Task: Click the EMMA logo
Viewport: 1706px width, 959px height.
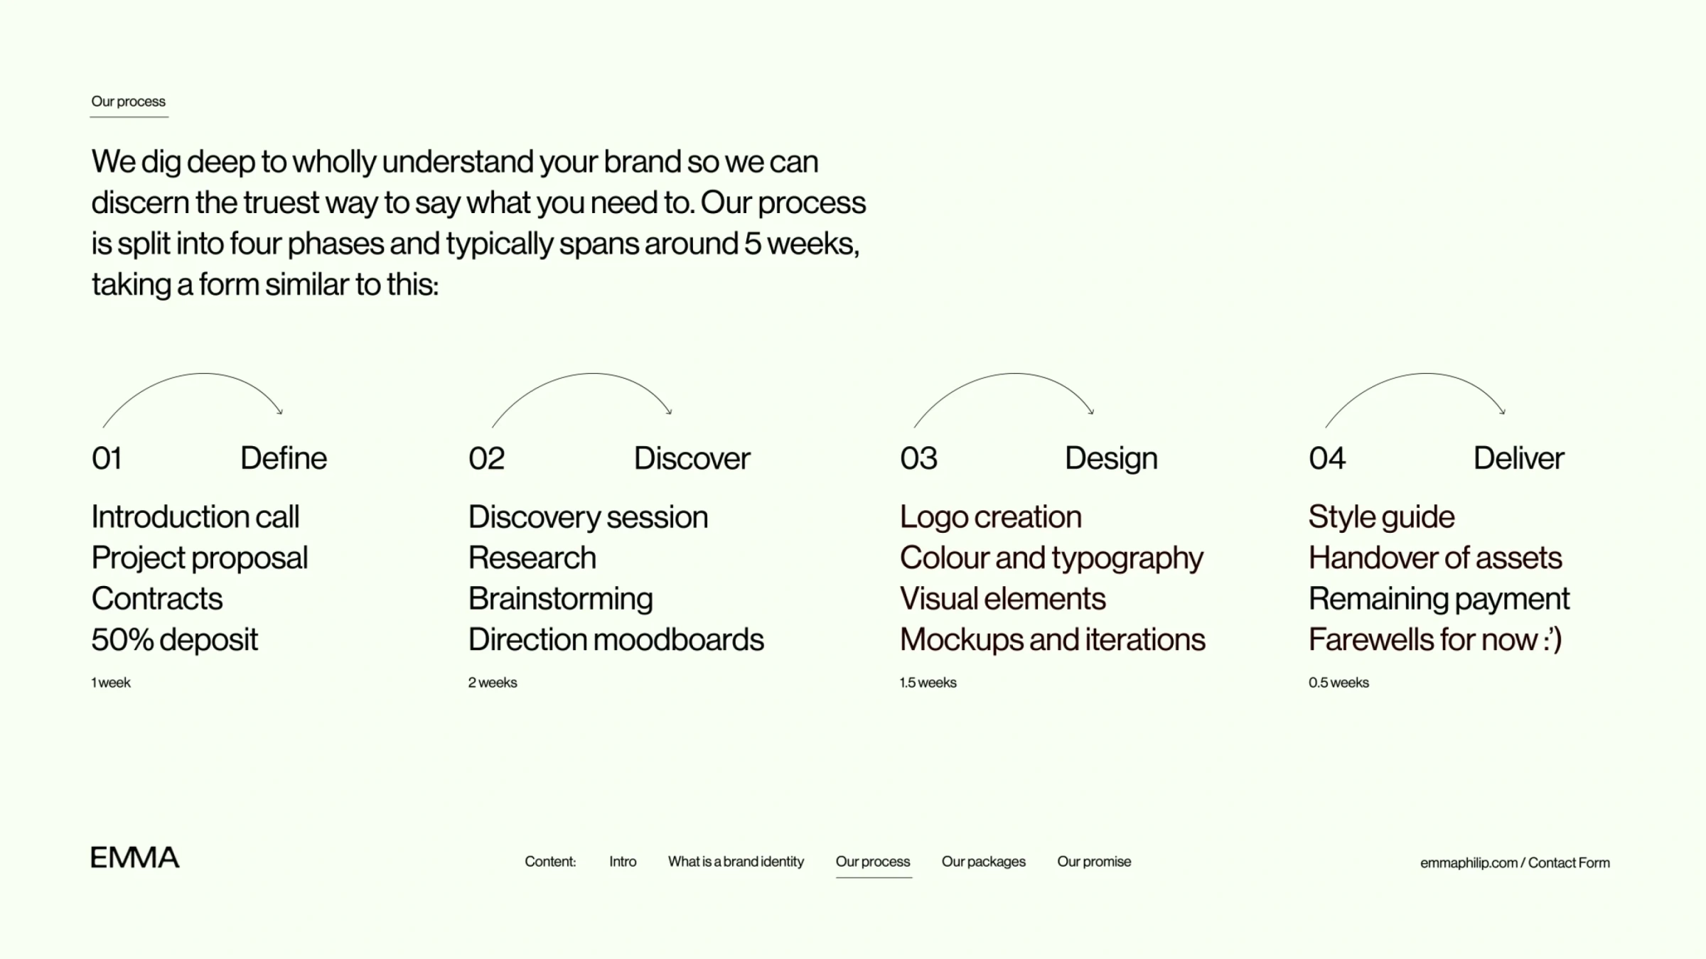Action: [135, 857]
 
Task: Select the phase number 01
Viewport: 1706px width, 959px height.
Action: [107, 458]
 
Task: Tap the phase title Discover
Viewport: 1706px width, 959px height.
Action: [692, 458]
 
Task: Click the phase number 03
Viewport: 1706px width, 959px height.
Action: [918, 458]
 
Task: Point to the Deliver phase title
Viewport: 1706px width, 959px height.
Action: [1518, 458]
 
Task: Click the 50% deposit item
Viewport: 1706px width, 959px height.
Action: [174, 639]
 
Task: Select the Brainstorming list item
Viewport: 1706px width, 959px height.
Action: [560, 599]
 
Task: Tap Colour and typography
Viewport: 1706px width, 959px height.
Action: [1051, 558]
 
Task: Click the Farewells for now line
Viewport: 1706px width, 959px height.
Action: [1434, 639]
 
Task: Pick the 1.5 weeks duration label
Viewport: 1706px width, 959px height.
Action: [928, 683]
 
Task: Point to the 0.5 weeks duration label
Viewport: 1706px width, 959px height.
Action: [1338, 683]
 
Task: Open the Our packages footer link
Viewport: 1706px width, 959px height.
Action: [983, 862]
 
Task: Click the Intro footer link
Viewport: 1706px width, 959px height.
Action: [623, 862]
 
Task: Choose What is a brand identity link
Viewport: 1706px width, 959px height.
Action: [736, 862]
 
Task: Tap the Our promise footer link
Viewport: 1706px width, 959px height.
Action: [1094, 862]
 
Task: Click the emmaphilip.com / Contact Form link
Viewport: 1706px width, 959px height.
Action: [1515, 862]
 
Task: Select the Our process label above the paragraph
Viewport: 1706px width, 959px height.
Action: [129, 102]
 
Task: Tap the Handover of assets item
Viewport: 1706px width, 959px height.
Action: [1435, 558]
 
